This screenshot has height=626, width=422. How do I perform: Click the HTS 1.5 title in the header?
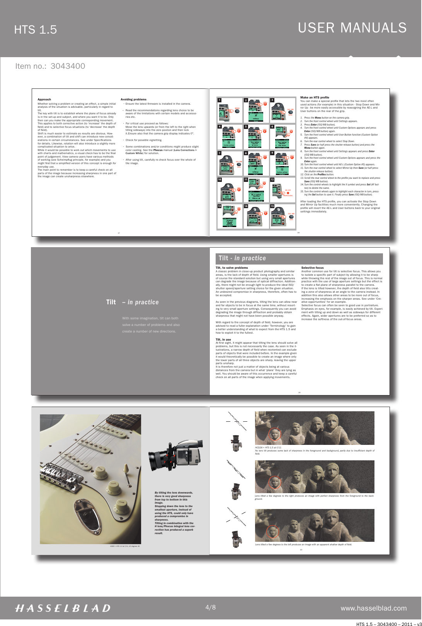pyautogui.click(x=36, y=30)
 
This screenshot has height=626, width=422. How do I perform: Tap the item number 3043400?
pyautogui.click(x=68, y=66)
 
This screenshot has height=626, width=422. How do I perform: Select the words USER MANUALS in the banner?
pyautogui.click(x=352, y=28)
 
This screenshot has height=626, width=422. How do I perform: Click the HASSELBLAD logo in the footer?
pyautogui.click(x=63, y=608)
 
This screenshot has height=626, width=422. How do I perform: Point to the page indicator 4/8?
pyautogui.click(x=211, y=607)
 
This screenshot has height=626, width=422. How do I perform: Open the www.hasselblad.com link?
pyautogui.click(x=373, y=608)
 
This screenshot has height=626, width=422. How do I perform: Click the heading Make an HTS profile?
pyautogui.click(x=315, y=98)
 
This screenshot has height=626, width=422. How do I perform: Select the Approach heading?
pyautogui.click(x=44, y=99)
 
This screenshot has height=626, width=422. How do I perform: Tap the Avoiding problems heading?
pyautogui.click(x=133, y=99)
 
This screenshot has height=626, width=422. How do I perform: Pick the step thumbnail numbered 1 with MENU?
pyautogui.click(x=230, y=110)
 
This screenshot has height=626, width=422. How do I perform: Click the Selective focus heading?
pyautogui.click(x=312, y=268)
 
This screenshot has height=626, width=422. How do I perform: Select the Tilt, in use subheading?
pyautogui.click(x=223, y=339)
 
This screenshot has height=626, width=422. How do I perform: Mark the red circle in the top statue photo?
pyautogui.click(x=274, y=434)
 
